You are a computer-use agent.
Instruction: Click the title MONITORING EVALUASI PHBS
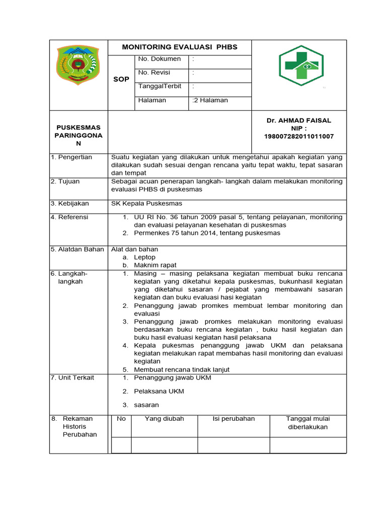[179, 47]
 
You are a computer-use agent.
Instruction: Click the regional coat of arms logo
[78, 65]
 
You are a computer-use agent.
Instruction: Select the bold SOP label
[121, 79]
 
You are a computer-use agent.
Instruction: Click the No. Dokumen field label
[159, 59]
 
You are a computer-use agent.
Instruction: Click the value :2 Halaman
[210, 100]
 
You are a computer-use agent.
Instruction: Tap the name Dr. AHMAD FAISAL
[299, 120]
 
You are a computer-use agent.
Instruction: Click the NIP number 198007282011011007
[299, 137]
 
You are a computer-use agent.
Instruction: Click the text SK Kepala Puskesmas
[147, 204]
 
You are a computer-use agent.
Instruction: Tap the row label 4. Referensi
[70, 217]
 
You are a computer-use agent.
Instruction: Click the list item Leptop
[145, 257]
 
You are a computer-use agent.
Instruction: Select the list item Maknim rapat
[155, 266]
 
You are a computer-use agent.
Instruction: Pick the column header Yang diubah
[164, 419]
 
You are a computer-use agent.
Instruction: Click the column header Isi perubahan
[234, 419]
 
